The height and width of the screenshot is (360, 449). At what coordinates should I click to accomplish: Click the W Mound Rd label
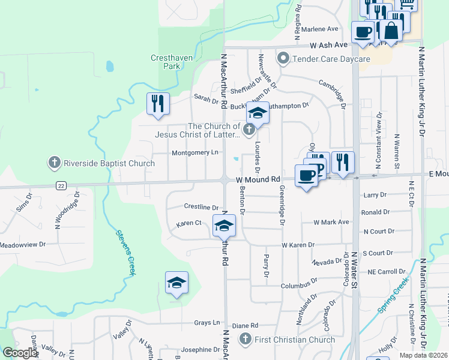pyautogui.click(x=258, y=179)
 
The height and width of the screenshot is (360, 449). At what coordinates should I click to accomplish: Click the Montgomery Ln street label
pyautogui.click(x=195, y=153)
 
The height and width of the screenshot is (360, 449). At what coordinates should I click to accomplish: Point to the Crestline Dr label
pyautogui.click(x=200, y=207)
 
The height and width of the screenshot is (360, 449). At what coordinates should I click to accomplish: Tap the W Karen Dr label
pyautogui.click(x=298, y=245)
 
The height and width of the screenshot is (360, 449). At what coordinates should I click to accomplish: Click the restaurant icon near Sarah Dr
pyautogui.click(x=158, y=103)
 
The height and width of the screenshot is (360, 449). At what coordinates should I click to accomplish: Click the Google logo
pyautogui.click(x=19, y=353)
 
